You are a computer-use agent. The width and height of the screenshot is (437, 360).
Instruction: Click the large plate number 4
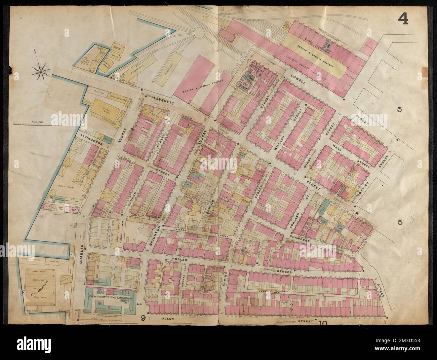click(x=403, y=19)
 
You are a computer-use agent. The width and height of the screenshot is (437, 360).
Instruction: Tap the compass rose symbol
click(x=42, y=71)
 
